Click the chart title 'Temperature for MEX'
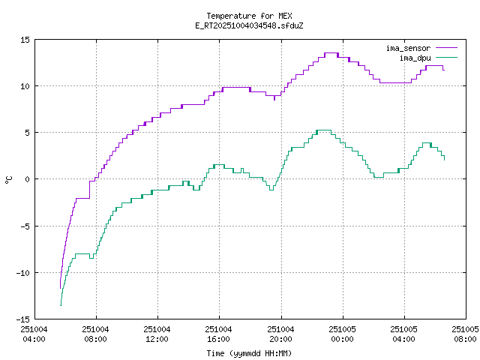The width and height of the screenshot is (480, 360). (x=248, y=16)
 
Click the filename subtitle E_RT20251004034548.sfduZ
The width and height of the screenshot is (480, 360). (x=248, y=25)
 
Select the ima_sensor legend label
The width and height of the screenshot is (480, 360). (x=408, y=48)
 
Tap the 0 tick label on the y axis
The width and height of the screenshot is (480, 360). (x=27, y=178)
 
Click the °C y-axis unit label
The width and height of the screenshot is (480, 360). (x=9, y=178)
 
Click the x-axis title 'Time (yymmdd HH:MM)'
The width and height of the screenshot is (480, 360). (x=248, y=353)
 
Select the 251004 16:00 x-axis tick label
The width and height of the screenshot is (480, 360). (x=219, y=334)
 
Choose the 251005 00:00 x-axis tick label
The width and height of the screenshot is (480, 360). (x=343, y=334)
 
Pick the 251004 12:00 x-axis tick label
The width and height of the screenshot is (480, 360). (x=157, y=334)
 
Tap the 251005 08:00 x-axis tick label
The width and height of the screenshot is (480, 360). (x=466, y=334)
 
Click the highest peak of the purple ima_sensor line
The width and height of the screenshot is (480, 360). (x=331, y=53)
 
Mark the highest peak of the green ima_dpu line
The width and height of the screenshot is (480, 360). (x=323, y=130)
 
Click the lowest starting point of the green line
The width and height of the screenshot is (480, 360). (x=61, y=304)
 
